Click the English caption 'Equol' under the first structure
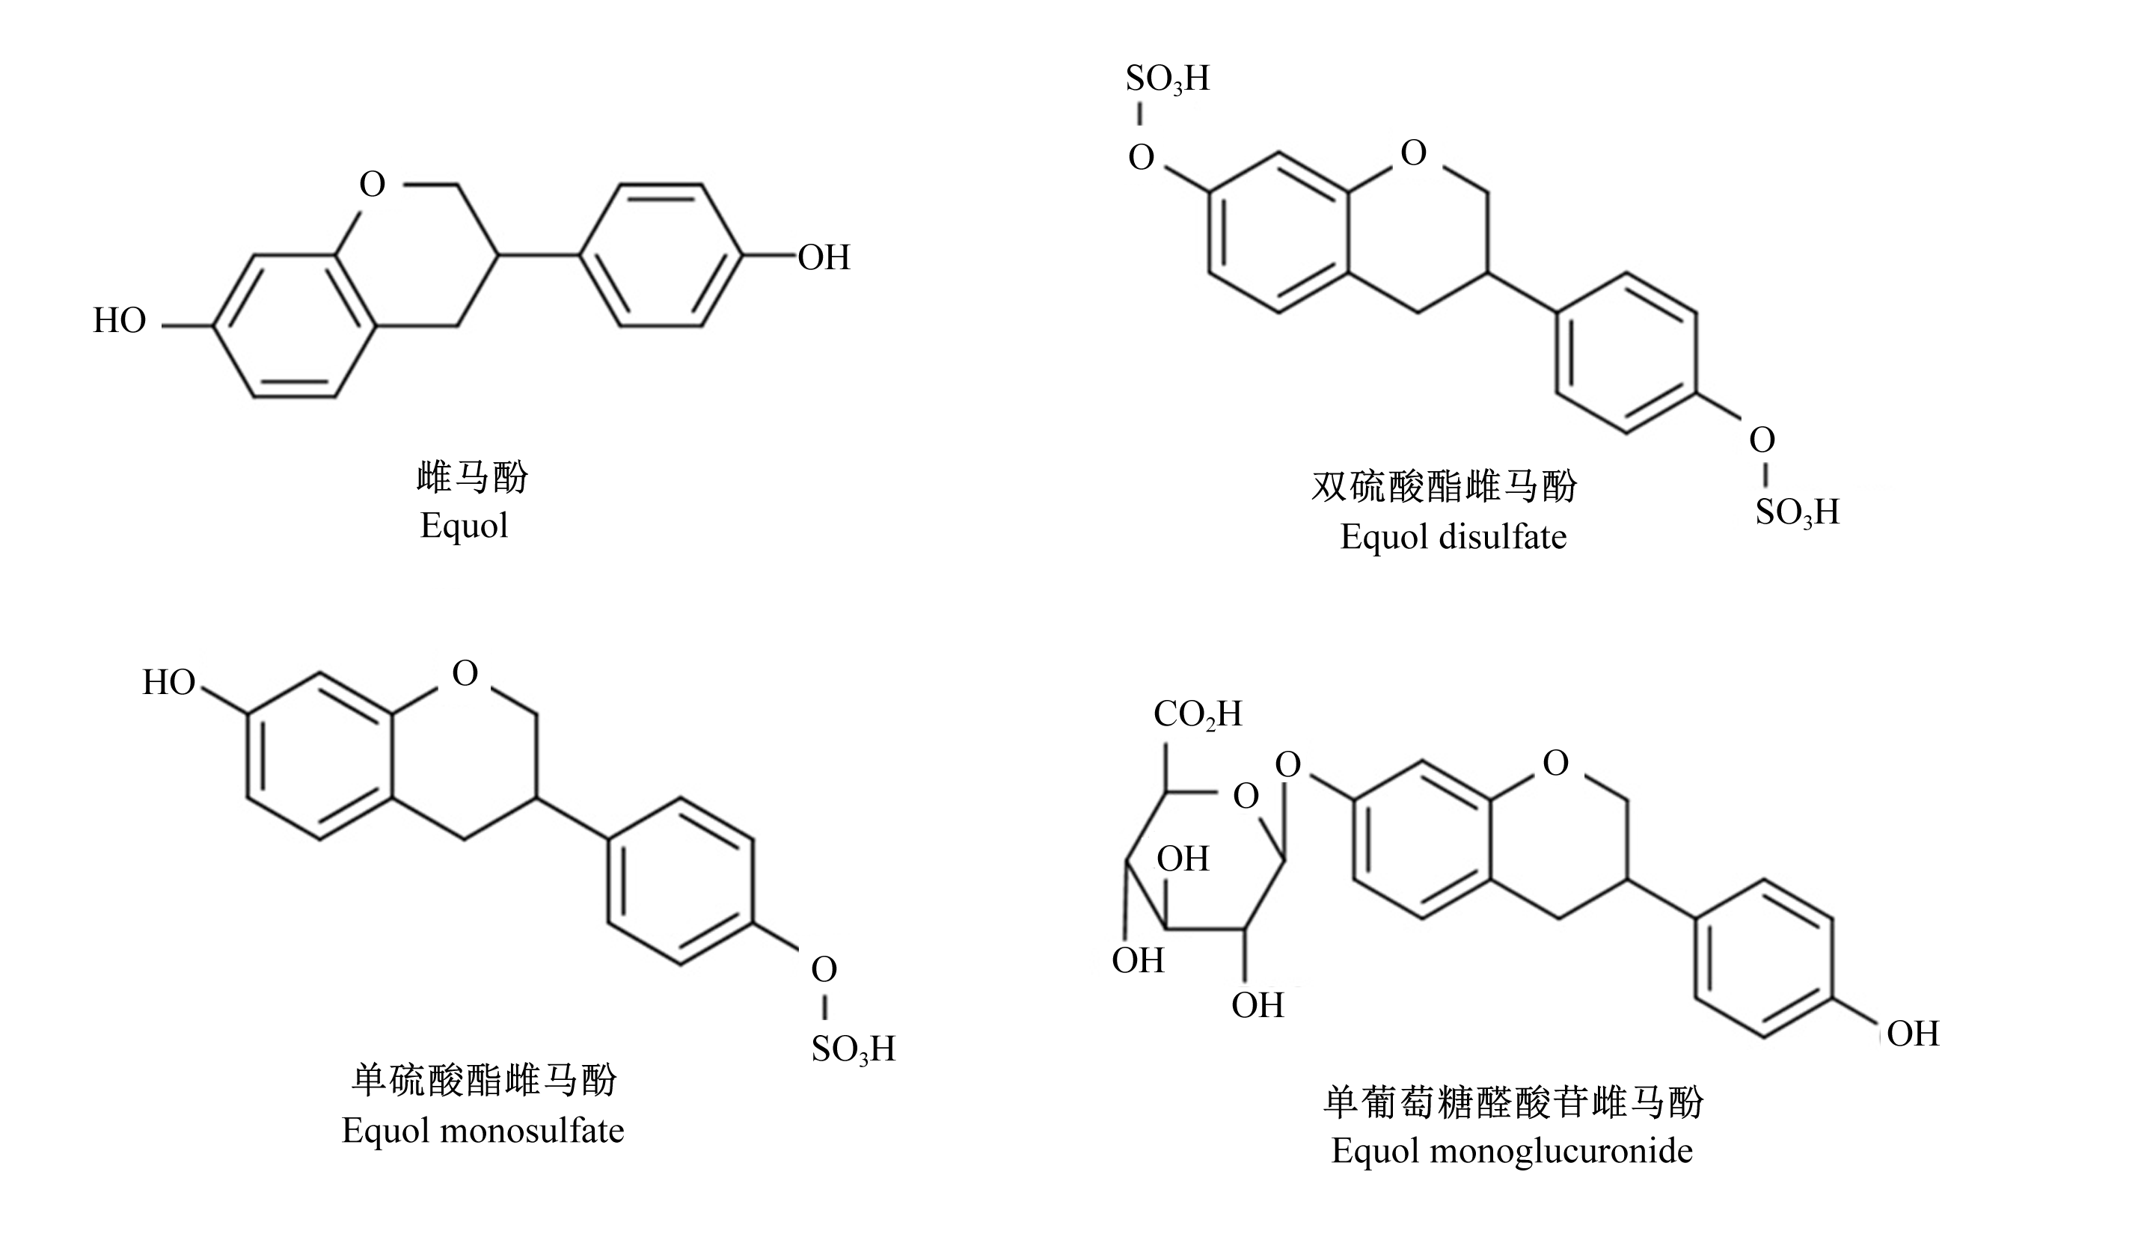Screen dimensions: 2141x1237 [464, 526]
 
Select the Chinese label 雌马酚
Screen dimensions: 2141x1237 [472, 476]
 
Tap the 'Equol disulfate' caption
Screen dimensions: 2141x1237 [1453, 537]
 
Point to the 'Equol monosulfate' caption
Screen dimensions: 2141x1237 [483, 1131]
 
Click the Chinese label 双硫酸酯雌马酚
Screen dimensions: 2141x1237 [1445, 487]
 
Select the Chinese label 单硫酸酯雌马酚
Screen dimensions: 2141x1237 [484, 1081]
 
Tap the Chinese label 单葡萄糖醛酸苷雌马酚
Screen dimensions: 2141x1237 [1514, 1103]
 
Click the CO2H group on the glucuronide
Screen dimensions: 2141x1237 [1197, 714]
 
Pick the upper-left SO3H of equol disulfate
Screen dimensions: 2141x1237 [1167, 79]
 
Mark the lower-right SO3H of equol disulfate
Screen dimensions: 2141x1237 [1797, 512]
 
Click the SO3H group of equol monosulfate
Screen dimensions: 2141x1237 [853, 1049]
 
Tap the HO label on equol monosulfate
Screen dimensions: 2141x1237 [168, 682]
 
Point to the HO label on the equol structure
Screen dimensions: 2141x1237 [119, 320]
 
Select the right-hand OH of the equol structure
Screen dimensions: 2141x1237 [824, 257]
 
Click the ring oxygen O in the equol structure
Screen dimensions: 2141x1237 [372, 183]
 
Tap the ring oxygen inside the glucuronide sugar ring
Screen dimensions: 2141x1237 [1246, 796]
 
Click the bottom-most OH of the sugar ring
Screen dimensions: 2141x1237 [1258, 1006]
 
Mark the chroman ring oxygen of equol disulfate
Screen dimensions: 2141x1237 [1413, 153]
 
